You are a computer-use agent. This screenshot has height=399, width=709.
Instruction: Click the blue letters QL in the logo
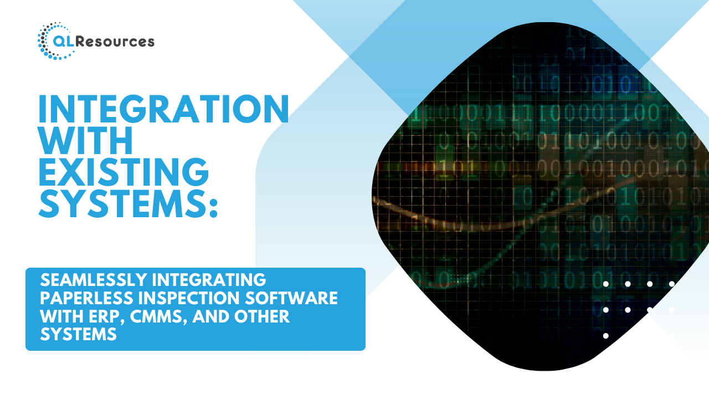64,42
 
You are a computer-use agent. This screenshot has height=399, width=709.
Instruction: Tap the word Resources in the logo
115,42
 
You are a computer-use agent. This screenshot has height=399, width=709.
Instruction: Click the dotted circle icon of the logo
52,41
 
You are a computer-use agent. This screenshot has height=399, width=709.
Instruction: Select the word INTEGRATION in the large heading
163,109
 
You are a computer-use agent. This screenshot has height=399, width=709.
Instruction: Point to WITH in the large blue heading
85,140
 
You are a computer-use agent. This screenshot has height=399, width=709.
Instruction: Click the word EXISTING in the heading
124,172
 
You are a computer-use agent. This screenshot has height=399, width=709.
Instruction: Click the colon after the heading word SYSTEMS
213,207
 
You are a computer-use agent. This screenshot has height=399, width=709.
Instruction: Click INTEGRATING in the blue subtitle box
209,280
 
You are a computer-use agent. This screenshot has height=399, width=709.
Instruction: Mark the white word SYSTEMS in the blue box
79,334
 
